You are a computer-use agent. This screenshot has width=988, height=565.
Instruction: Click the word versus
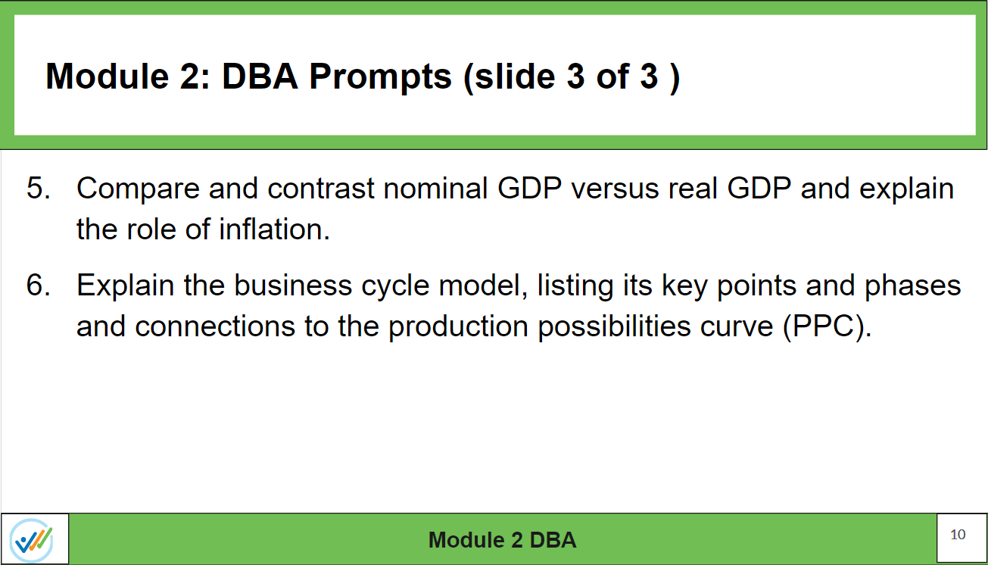615,189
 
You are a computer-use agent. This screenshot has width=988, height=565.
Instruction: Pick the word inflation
274,229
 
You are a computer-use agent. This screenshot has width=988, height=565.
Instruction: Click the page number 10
958,535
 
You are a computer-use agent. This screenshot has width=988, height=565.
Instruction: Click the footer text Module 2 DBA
502,539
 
